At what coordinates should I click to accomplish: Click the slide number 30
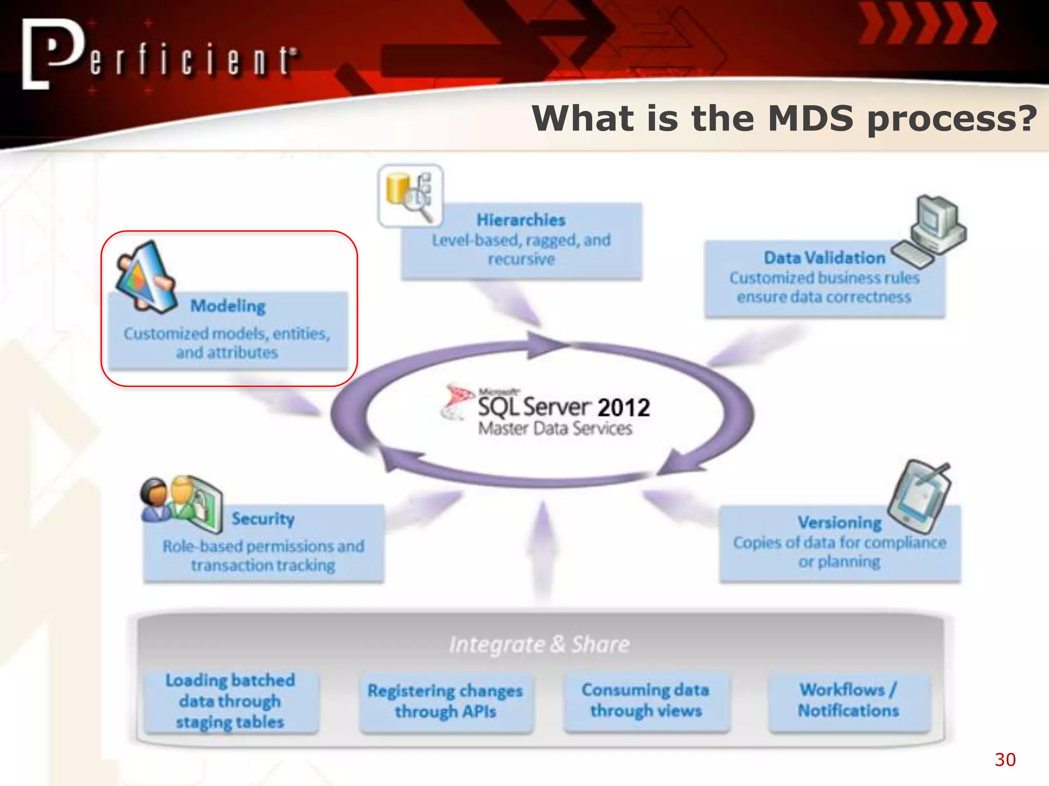[x=1005, y=759]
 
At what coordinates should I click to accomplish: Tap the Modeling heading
[x=228, y=306]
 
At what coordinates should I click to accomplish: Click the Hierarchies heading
[x=521, y=220]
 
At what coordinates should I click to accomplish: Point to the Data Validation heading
[x=824, y=258]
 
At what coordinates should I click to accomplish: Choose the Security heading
[x=263, y=519]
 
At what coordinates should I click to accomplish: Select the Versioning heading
[x=840, y=522]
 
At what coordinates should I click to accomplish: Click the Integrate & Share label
[x=539, y=644]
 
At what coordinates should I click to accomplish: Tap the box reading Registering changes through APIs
[x=445, y=701]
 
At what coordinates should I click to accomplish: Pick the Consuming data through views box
[x=645, y=700]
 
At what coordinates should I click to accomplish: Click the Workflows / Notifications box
[x=848, y=700]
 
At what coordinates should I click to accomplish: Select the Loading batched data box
[x=230, y=701]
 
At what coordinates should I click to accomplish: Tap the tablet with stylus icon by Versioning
[x=919, y=497]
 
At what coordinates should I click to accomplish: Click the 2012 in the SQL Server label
[x=623, y=408]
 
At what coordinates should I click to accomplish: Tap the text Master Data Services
[x=555, y=429]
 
